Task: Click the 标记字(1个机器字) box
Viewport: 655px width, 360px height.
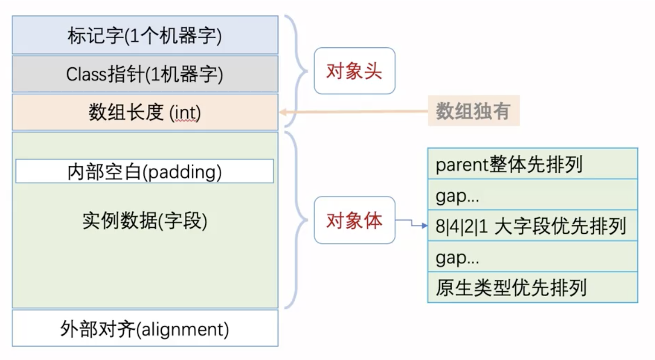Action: point(145,35)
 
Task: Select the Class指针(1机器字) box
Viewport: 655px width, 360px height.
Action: point(145,74)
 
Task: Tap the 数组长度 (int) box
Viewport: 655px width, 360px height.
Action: point(145,113)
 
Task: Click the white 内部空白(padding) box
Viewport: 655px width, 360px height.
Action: point(145,171)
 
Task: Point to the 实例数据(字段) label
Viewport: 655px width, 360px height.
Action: point(145,221)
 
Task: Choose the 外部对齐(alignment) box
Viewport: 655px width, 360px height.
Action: point(145,328)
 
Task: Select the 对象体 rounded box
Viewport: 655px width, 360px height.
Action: point(354,220)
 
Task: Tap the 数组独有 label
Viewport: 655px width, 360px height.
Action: point(473,111)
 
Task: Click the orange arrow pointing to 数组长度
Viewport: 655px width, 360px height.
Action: point(353,112)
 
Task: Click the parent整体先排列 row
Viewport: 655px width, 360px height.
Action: point(532,164)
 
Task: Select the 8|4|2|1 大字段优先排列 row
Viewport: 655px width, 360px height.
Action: point(532,225)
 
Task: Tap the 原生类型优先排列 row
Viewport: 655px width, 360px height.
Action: point(532,287)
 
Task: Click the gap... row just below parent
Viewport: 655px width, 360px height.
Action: point(532,195)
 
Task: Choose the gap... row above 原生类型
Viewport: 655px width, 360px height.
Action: point(532,257)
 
